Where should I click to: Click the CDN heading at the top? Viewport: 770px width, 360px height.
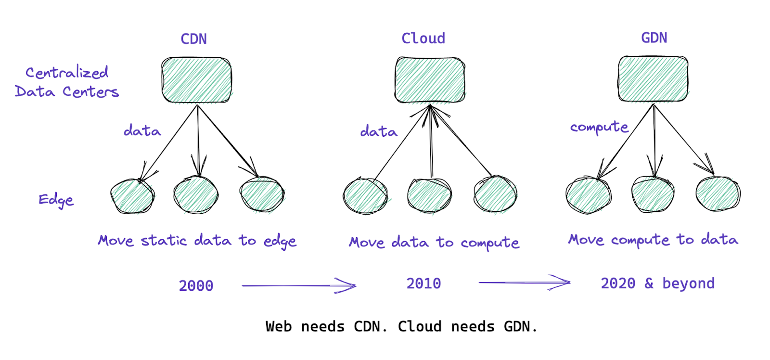point(194,39)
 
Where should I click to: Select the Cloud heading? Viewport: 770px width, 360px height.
point(423,38)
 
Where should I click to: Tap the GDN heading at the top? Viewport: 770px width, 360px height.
point(654,38)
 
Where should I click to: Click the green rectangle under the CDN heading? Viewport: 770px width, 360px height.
point(197,80)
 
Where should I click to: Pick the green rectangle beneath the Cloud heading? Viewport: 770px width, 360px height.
point(430,80)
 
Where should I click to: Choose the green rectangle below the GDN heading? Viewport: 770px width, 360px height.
point(653,79)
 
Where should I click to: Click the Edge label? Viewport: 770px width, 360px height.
point(56,200)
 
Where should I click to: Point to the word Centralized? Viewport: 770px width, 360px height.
point(67,72)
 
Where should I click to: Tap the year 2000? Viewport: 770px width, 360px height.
point(196,286)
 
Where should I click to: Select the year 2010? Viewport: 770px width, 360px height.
point(423,283)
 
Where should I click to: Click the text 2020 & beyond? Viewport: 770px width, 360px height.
point(657,283)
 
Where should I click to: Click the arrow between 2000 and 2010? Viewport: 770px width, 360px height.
point(299,285)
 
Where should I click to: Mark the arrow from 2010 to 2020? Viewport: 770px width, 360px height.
point(525,283)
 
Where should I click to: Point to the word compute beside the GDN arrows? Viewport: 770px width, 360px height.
point(599,127)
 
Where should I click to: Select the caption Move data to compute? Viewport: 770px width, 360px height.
point(434,243)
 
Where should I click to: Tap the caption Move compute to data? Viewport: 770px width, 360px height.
point(653,240)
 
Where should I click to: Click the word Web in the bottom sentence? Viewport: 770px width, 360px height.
point(279,327)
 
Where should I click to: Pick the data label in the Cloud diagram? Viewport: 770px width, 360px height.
point(378,131)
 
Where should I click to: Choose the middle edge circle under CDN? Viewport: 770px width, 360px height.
point(196,195)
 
